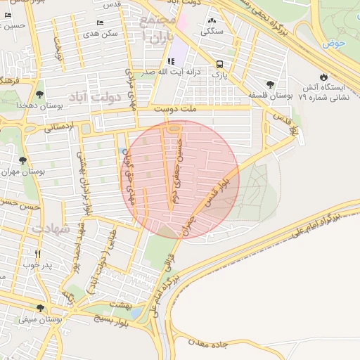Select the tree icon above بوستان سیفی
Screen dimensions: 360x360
(x=40, y=308)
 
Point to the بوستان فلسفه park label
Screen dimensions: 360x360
(x=269, y=94)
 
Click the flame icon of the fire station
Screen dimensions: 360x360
(x=323, y=77)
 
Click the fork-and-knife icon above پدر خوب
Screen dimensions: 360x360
(x=37, y=255)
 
